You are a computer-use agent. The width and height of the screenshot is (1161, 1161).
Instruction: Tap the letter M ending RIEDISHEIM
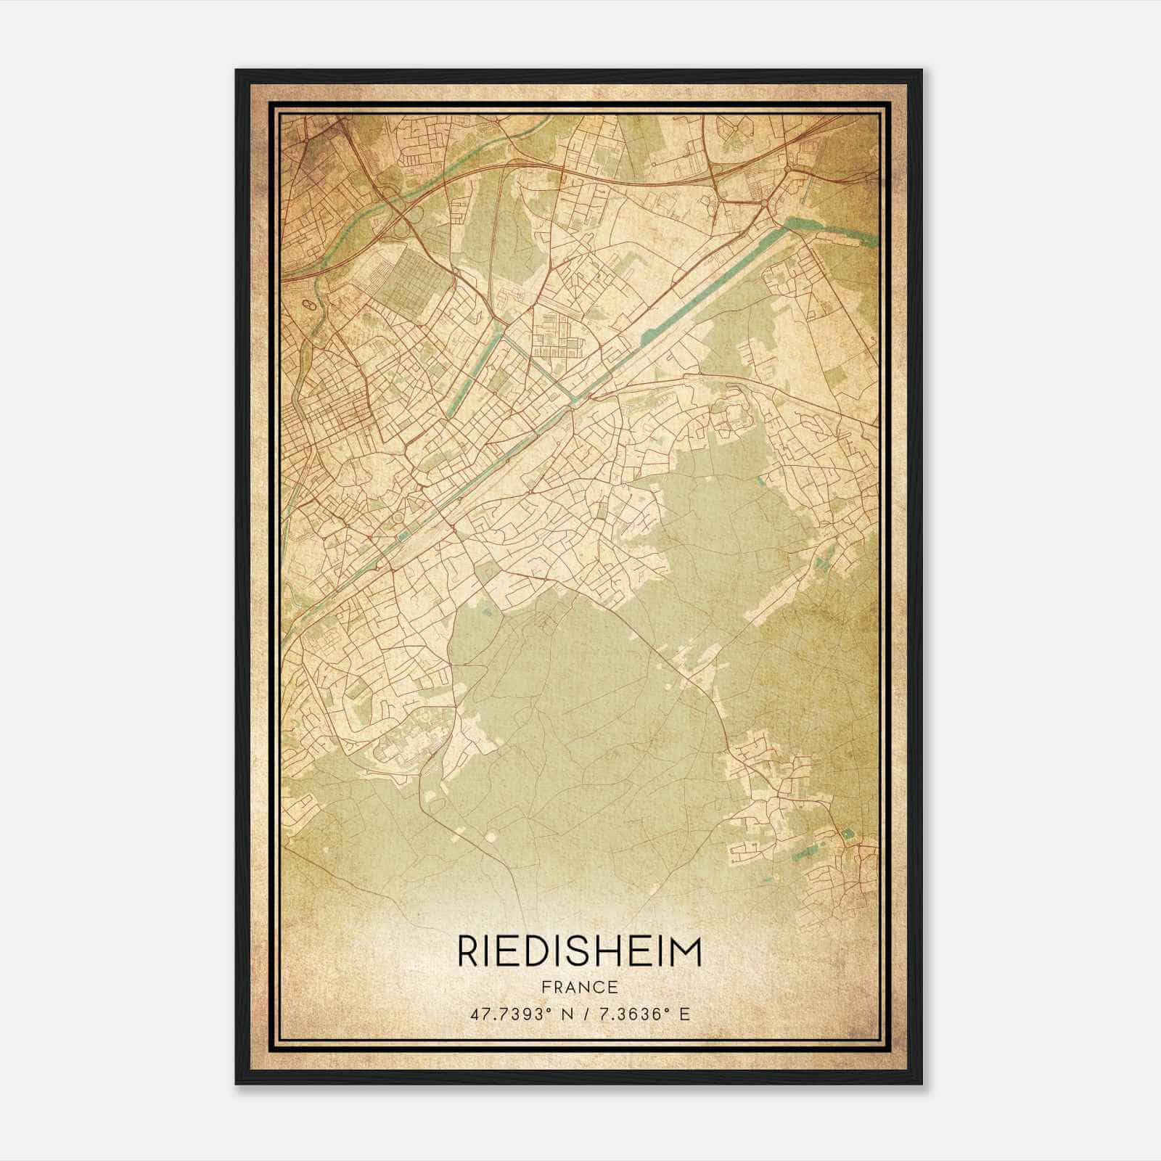click(685, 952)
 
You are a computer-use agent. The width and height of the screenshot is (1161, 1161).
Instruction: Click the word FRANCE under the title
click(579, 987)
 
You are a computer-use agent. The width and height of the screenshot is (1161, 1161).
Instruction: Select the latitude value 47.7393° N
click(516, 1014)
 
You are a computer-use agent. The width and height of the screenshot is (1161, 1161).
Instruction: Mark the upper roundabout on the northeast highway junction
click(789, 171)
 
